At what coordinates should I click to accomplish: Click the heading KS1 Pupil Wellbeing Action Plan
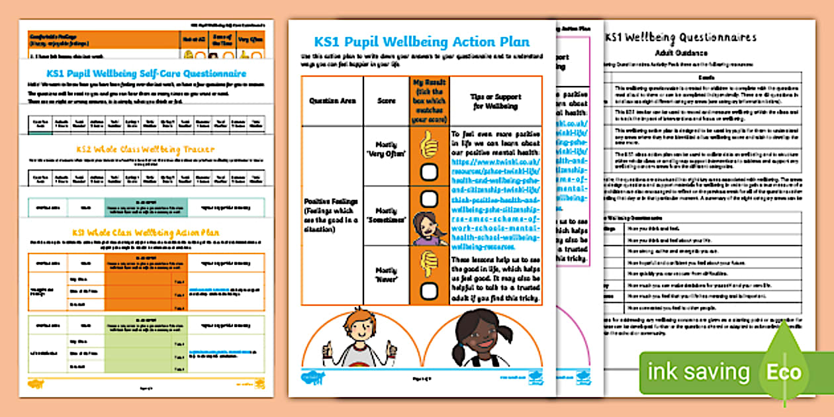[x=423, y=42]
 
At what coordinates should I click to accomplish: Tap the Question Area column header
[x=332, y=101]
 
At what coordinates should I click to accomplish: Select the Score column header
[x=386, y=101]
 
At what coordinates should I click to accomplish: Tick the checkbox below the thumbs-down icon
[x=430, y=289]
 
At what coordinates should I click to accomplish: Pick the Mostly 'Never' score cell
[x=386, y=275]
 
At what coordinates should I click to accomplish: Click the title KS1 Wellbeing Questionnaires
[x=680, y=37]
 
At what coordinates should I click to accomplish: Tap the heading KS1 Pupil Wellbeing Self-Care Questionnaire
[x=146, y=73]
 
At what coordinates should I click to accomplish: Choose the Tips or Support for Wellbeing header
[x=494, y=101]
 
